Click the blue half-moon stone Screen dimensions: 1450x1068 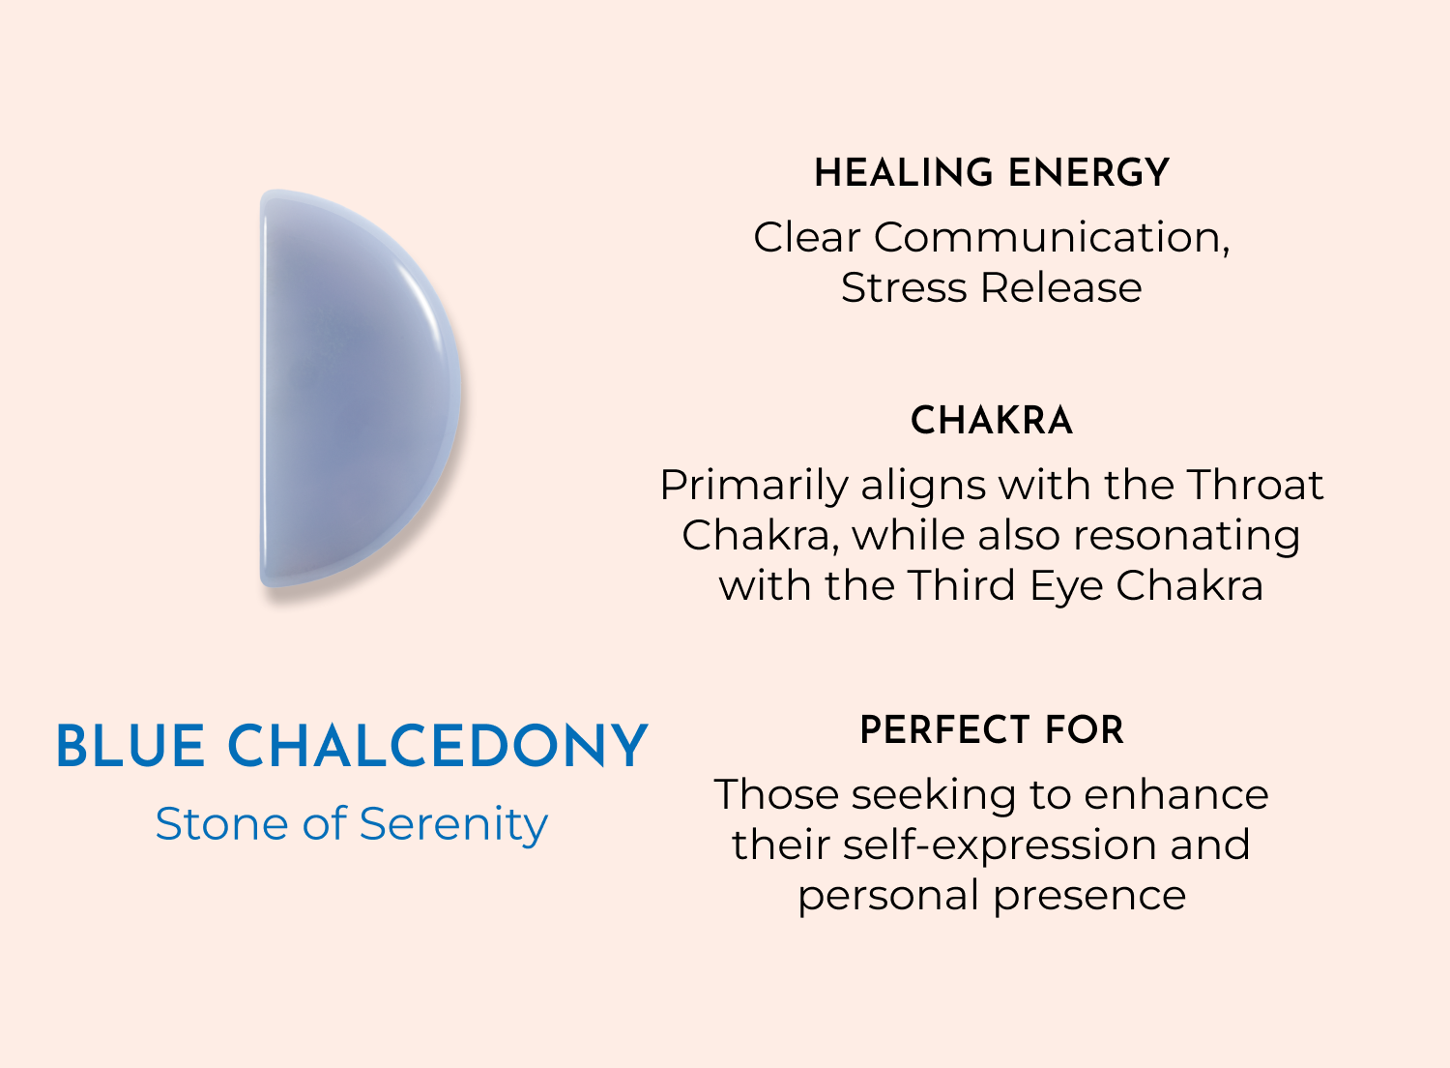click(360, 389)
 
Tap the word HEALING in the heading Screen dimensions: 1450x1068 click(904, 173)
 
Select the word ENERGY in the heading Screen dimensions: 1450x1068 click(1088, 173)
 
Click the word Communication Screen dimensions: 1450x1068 click(1052, 237)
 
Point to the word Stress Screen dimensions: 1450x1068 click(904, 287)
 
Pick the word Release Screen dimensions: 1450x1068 click(1061, 287)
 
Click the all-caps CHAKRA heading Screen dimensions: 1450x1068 click(992, 421)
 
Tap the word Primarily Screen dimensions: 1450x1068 click(754, 486)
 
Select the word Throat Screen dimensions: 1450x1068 click(1255, 485)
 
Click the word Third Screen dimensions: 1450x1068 click(961, 585)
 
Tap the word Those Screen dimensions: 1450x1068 click(777, 794)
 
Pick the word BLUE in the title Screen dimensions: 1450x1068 click(131, 746)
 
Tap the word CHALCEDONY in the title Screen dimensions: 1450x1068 click(438, 746)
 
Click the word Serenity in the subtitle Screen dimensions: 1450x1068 click(453, 825)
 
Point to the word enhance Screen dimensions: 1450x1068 click(1176, 794)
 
